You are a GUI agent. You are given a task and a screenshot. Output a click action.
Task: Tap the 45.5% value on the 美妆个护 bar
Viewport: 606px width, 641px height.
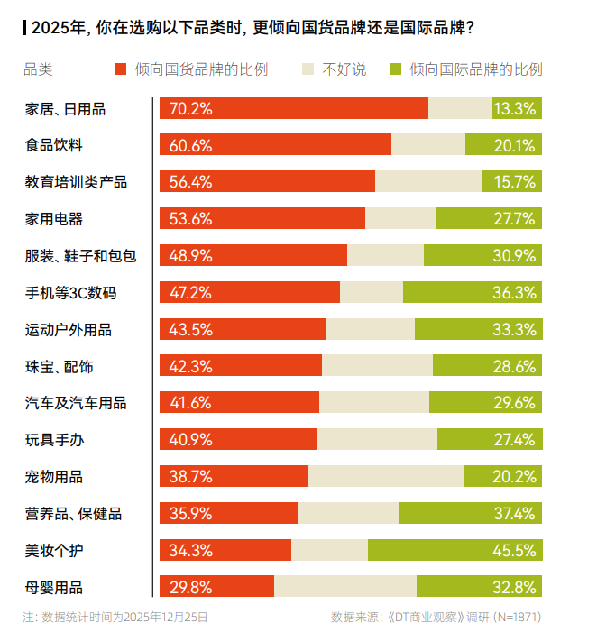click(x=515, y=550)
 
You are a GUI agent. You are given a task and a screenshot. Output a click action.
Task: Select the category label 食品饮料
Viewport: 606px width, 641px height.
click(x=54, y=145)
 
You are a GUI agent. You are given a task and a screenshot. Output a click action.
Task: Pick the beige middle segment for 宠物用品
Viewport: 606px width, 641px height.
click(x=386, y=476)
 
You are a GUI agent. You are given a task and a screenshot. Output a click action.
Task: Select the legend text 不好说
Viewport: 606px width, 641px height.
click(x=344, y=69)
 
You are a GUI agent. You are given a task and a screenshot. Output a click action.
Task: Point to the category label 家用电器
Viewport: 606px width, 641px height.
click(x=54, y=218)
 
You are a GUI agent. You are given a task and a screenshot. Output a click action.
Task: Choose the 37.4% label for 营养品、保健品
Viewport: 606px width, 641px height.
click(x=515, y=513)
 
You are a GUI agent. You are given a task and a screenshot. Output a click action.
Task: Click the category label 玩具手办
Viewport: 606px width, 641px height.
click(x=54, y=439)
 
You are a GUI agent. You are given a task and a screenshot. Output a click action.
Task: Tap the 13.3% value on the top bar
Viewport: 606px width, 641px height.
click(x=515, y=108)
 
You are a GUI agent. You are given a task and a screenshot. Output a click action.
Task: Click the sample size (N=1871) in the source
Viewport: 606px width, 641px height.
click(x=517, y=618)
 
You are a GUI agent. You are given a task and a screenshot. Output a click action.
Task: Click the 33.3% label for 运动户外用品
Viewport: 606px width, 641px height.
click(x=515, y=329)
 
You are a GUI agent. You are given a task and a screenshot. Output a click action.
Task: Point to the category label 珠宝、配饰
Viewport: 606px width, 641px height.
click(x=59, y=366)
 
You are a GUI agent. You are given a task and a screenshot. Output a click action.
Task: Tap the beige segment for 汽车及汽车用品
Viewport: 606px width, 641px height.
click(x=374, y=402)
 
